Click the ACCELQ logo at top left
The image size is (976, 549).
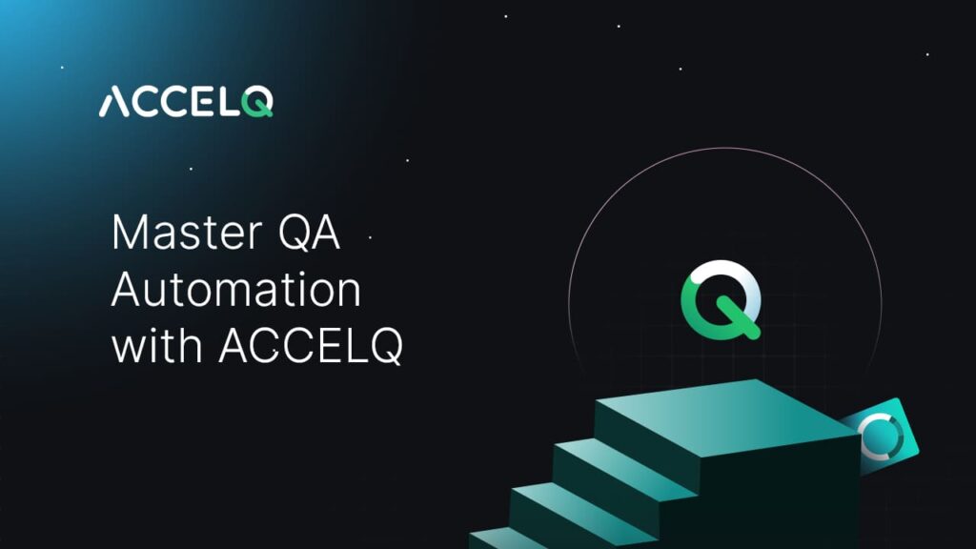click(x=186, y=101)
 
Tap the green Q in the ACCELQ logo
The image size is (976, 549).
click(x=257, y=102)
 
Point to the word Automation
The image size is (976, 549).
click(x=236, y=291)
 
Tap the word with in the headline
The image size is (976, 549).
click(x=157, y=347)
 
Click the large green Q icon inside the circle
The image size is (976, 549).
click(x=721, y=299)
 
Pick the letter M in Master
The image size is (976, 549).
click(x=128, y=234)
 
